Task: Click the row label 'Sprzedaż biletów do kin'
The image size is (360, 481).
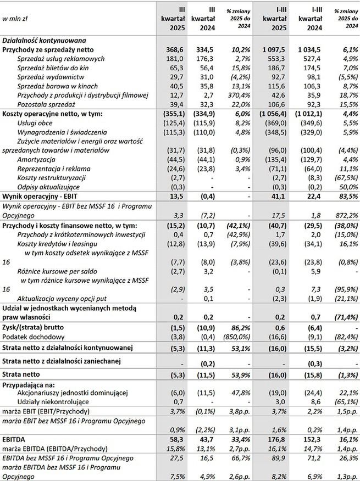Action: point(54,68)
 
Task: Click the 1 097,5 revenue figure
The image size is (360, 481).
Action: point(273,49)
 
